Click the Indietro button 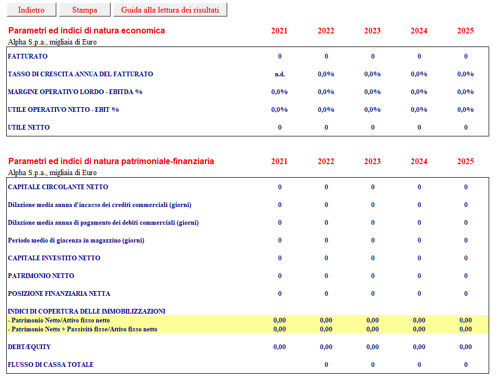pyautogui.click(x=31, y=10)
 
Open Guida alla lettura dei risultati pyautogui.click(x=170, y=10)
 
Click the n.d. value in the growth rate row pyautogui.click(x=280, y=74)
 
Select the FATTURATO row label pyautogui.click(x=28, y=56)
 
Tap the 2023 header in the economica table pyautogui.click(x=373, y=31)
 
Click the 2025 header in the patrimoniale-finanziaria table pyautogui.click(x=465, y=161)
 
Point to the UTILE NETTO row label pyautogui.click(x=29, y=128)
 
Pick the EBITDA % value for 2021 pyautogui.click(x=279, y=92)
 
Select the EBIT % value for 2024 pyautogui.click(x=419, y=110)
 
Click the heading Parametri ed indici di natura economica pyautogui.click(x=87, y=31)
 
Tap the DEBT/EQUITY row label pyautogui.click(x=29, y=347)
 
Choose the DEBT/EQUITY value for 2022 pyautogui.click(x=326, y=347)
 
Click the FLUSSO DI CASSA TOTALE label pyautogui.click(x=50, y=365)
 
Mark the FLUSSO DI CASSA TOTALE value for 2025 pyautogui.click(x=466, y=365)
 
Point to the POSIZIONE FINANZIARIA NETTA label pyautogui.click(x=59, y=294)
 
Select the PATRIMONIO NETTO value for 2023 pyautogui.click(x=373, y=276)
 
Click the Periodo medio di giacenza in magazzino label pyautogui.click(x=76, y=240)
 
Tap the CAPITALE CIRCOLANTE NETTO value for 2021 pyautogui.click(x=280, y=187)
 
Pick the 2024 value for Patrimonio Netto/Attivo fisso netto pyautogui.click(x=419, y=320)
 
